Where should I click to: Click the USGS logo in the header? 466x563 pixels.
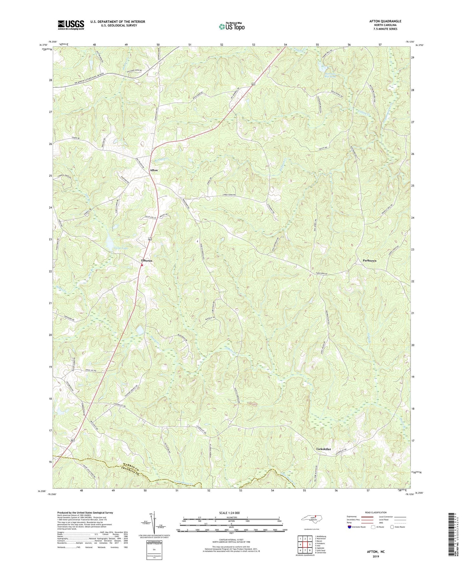(71, 25)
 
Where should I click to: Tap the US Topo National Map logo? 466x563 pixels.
(231, 26)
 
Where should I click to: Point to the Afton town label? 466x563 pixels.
(154, 170)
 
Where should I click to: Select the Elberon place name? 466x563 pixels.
(146, 261)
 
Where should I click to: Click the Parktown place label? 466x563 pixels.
(369, 261)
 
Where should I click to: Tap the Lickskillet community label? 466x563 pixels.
(323, 449)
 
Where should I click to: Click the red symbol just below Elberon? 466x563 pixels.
(142, 265)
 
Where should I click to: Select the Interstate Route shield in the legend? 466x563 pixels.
(350, 527)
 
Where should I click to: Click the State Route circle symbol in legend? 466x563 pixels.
(392, 527)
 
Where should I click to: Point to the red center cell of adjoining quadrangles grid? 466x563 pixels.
(305, 544)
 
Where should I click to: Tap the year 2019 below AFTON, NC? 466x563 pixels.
(376, 557)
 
